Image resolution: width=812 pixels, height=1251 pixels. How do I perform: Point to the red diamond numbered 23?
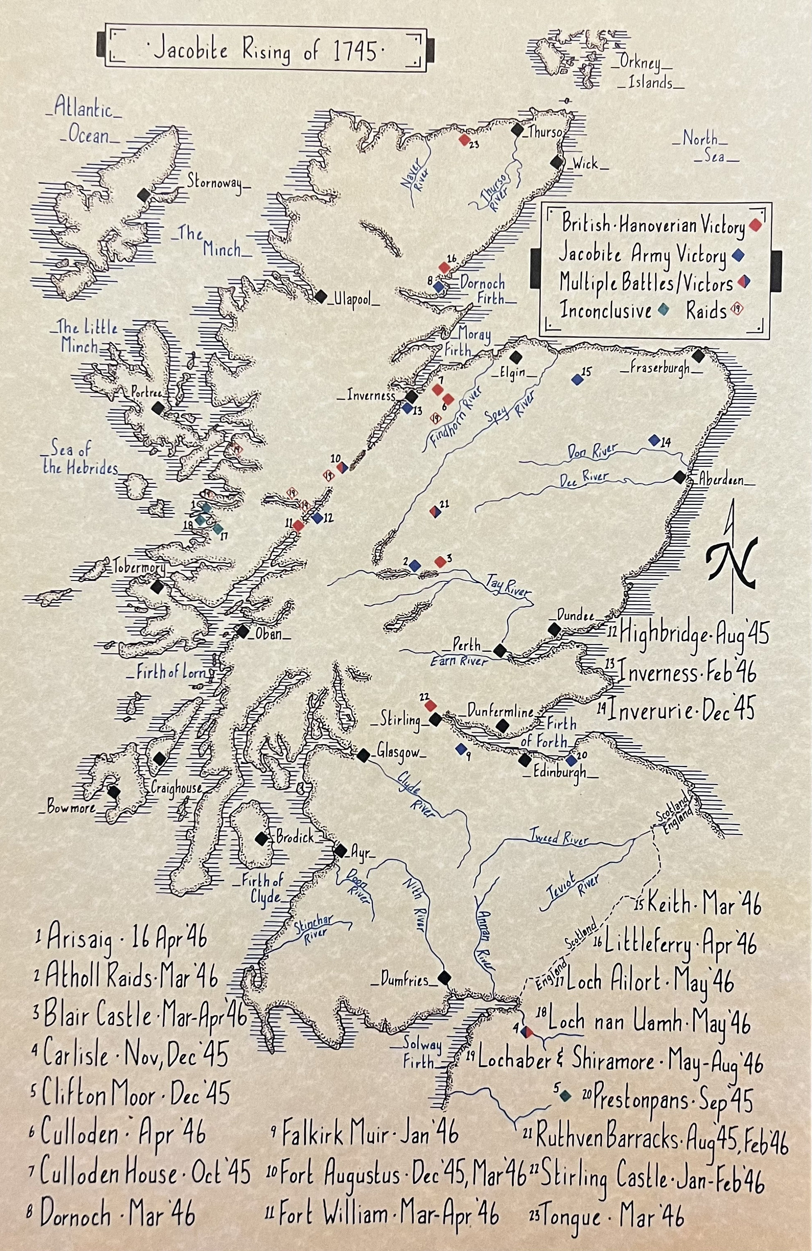coord(463,140)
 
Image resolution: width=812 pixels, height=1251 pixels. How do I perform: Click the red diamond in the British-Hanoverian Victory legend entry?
coord(756,226)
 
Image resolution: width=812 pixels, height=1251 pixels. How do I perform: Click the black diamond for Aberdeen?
coord(679,477)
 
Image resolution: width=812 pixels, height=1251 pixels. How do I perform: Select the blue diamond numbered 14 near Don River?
coord(654,440)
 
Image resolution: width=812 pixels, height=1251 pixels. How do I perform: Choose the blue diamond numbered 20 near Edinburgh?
coord(571,760)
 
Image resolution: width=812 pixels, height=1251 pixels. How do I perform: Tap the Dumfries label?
coord(404,979)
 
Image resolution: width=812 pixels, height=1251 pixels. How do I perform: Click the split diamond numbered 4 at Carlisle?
coord(527,1031)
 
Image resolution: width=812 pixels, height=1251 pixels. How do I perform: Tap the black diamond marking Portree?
coord(157,408)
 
